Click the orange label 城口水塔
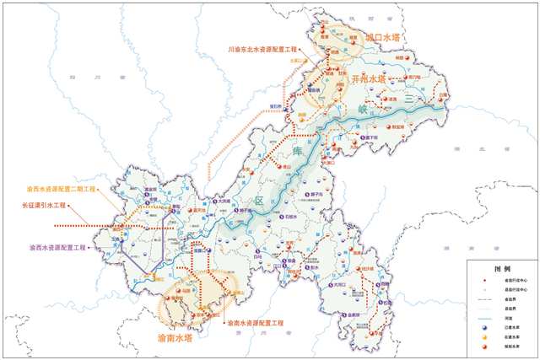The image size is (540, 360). click(x=381, y=39)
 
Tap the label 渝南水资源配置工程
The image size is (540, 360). click(x=255, y=323)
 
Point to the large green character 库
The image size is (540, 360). click(x=298, y=152)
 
